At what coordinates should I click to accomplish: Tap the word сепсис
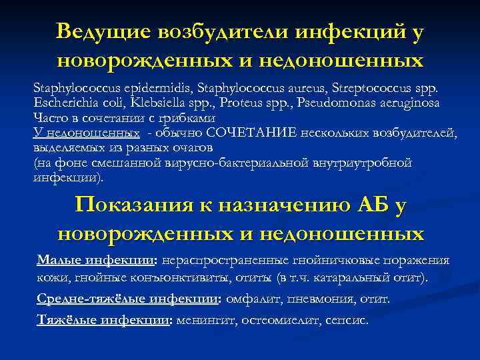coord(347,319)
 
